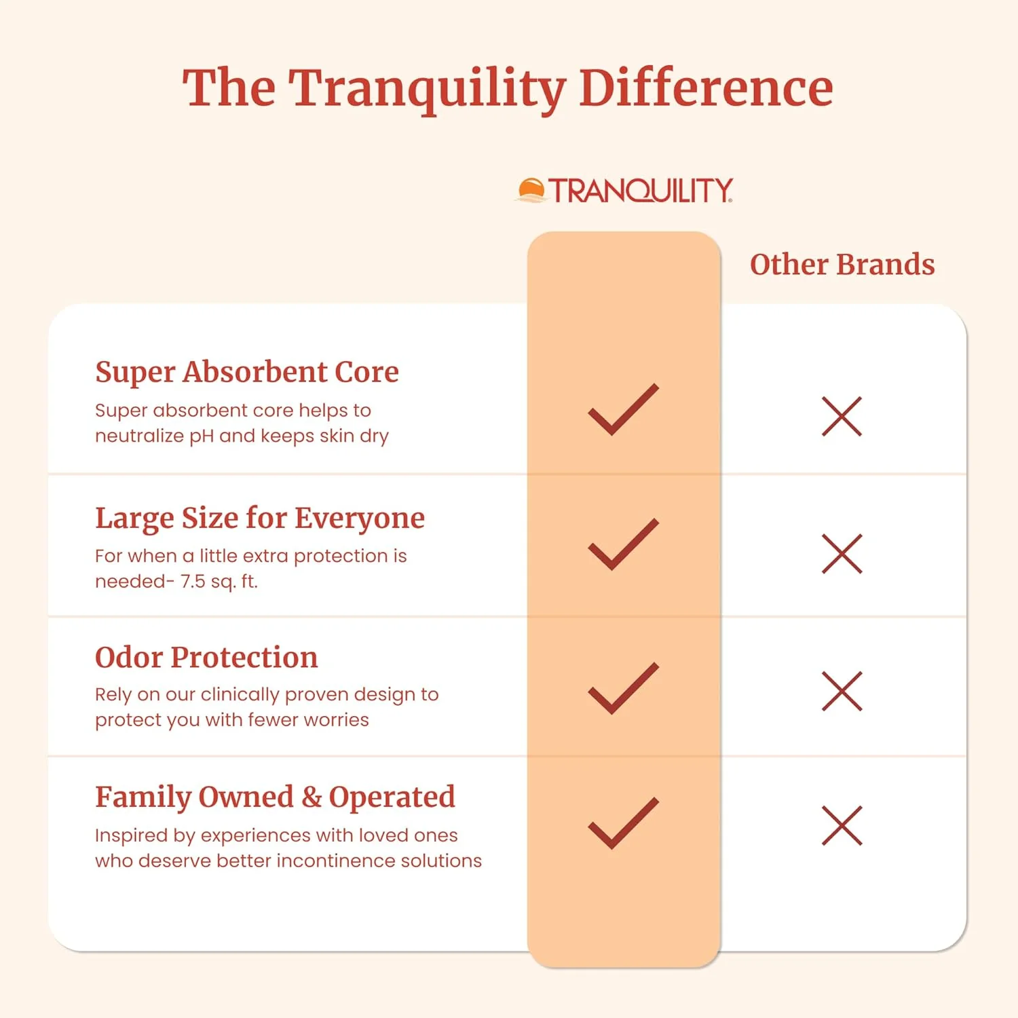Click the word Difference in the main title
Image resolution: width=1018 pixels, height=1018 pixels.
tap(706, 88)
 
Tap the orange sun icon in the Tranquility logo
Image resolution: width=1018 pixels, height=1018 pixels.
tap(531, 190)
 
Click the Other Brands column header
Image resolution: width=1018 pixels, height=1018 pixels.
tap(842, 265)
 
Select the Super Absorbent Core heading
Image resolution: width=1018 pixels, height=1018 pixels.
tap(247, 372)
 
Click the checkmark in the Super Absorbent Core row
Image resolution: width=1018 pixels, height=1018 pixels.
tap(623, 410)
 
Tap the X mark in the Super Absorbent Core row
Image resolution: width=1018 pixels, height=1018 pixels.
tap(842, 416)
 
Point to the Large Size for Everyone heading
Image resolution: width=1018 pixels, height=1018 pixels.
tap(260, 519)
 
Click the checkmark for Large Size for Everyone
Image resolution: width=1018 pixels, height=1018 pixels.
tap(623, 545)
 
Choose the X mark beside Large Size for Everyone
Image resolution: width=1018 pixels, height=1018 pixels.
tap(842, 554)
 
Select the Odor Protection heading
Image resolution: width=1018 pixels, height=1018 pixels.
tap(206, 657)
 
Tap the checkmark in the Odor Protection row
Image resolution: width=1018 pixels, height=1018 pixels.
tap(623, 688)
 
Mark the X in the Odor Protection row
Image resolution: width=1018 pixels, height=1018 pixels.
tap(842, 691)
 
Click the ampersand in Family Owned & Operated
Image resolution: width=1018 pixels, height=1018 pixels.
tap(312, 797)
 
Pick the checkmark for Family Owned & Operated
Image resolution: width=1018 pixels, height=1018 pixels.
tap(623, 823)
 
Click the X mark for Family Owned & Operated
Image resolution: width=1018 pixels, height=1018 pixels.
tap(842, 825)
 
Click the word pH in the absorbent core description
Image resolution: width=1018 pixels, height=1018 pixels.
tap(201, 436)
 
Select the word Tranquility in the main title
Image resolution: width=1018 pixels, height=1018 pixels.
tap(428, 88)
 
